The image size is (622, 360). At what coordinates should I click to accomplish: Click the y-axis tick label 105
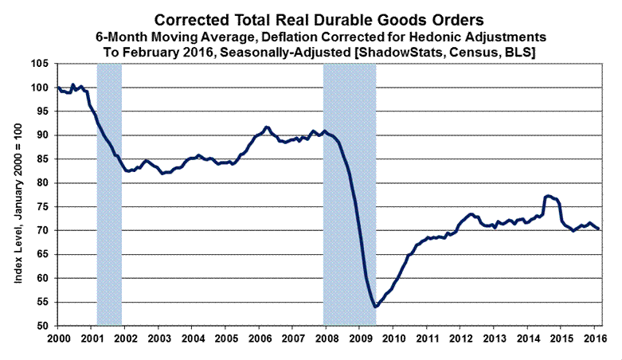click(41, 64)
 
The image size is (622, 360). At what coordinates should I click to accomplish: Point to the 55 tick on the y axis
click(44, 303)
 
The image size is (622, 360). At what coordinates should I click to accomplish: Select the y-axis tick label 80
click(44, 183)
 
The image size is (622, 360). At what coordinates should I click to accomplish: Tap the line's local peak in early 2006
click(266, 127)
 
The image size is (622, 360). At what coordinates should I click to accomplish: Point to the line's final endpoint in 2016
click(599, 229)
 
